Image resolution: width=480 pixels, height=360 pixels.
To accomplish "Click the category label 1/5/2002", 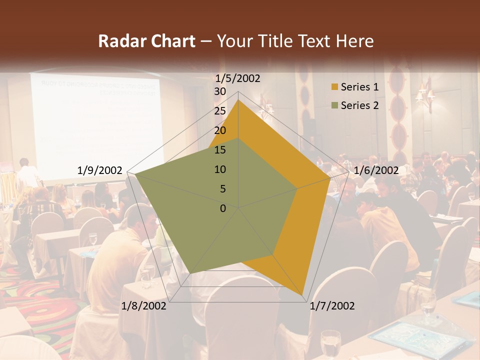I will click(237, 78).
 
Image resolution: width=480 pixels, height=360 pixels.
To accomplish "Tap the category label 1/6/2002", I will click(376, 170).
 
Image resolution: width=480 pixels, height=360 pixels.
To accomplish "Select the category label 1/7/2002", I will click(332, 306).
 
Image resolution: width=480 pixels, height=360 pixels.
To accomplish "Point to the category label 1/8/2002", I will click(144, 306).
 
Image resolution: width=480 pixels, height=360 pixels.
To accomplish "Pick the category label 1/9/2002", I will click(100, 170).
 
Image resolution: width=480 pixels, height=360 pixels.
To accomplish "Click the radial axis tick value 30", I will click(220, 91).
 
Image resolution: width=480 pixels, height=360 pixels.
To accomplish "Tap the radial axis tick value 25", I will click(220, 111).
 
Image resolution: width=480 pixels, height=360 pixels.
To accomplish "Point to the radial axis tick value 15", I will click(220, 150).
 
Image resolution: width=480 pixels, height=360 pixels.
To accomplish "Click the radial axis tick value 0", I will click(223, 208).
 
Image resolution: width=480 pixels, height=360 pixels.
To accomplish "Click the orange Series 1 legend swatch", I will click(334, 87).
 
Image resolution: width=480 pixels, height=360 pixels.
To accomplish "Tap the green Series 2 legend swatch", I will click(334, 105).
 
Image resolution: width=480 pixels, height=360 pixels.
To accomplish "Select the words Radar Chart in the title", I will click(146, 41).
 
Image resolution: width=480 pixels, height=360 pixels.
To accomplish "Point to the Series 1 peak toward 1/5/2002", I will click(238, 100).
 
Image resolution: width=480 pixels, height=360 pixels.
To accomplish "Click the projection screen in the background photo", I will click(95, 125).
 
